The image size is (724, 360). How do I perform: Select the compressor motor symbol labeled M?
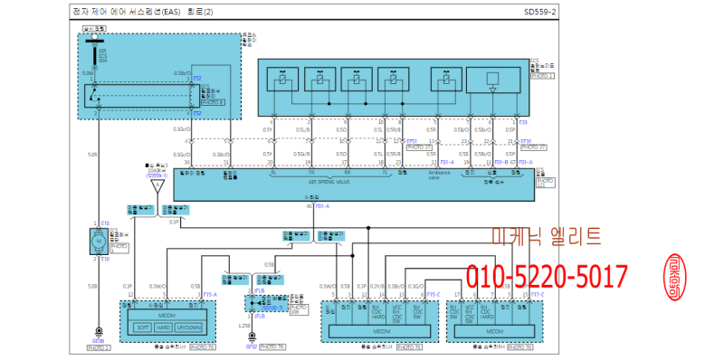pyautogui.click(x=96, y=241)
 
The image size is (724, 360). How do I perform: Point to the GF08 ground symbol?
pyautogui.click(x=98, y=342)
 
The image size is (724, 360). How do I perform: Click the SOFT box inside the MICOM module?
pyautogui.click(x=143, y=327)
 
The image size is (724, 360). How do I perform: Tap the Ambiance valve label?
pyautogui.click(x=427, y=177)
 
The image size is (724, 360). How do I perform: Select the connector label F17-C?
pyautogui.click(x=537, y=294)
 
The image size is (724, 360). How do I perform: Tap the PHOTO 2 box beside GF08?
pyautogui.click(x=99, y=348)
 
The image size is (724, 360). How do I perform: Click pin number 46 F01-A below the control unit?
pyautogui.click(x=317, y=206)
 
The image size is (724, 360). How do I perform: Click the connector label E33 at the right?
pyautogui.click(x=523, y=120)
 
